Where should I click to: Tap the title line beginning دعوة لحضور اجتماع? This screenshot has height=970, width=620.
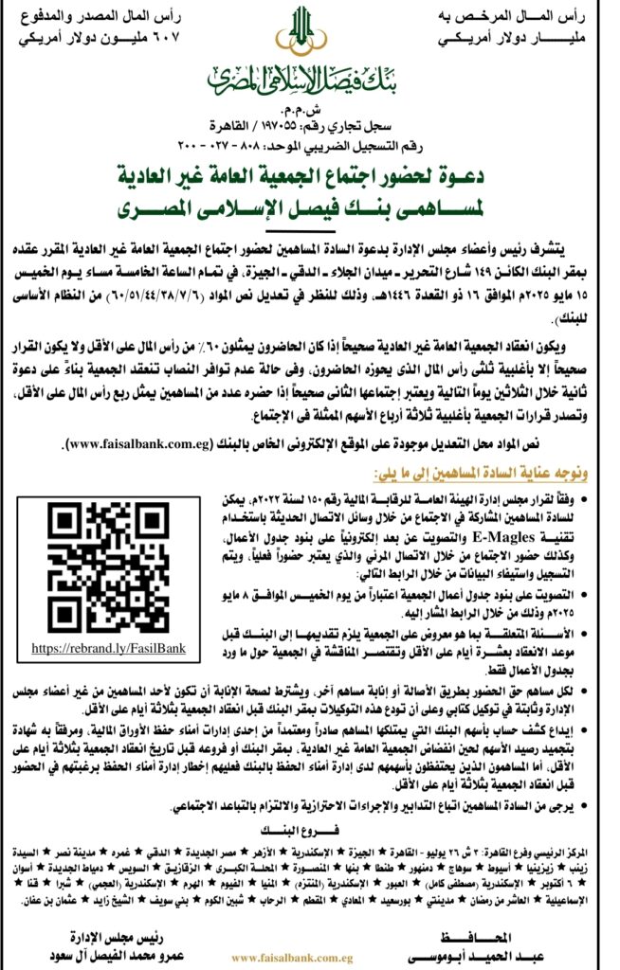(x=309, y=177)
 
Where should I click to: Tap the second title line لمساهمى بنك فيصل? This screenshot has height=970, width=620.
(x=309, y=207)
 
